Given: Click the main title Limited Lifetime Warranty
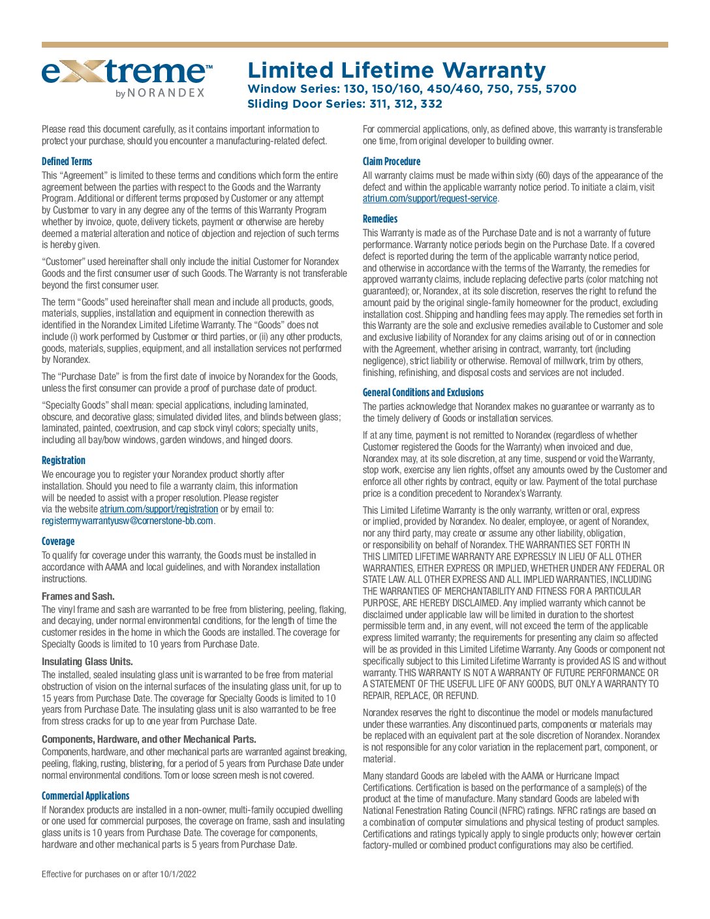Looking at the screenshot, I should [x=396, y=70].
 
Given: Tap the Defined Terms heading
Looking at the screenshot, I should [x=67, y=161].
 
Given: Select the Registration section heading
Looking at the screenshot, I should [x=63, y=460].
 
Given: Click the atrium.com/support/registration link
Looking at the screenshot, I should [x=159, y=509].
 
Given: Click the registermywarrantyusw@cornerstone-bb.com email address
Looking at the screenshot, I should [x=127, y=521].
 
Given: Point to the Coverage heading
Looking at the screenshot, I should [x=58, y=541].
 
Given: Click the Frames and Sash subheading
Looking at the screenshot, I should [x=78, y=596].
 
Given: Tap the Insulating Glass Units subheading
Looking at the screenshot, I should [x=87, y=661].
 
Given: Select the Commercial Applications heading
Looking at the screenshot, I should [x=85, y=796].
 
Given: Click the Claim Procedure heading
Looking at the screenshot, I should [x=392, y=161].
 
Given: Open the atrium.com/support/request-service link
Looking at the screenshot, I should [x=429, y=198].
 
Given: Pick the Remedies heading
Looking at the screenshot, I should [x=380, y=219].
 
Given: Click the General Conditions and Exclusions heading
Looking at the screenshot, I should [x=423, y=392].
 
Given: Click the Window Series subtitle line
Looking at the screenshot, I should [x=412, y=89].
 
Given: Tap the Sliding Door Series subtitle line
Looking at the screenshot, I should [x=345, y=104].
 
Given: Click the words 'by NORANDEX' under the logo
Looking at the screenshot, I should [x=160, y=93].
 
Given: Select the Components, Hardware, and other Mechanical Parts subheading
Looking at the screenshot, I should [x=149, y=740].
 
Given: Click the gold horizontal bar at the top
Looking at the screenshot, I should [x=354, y=45].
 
